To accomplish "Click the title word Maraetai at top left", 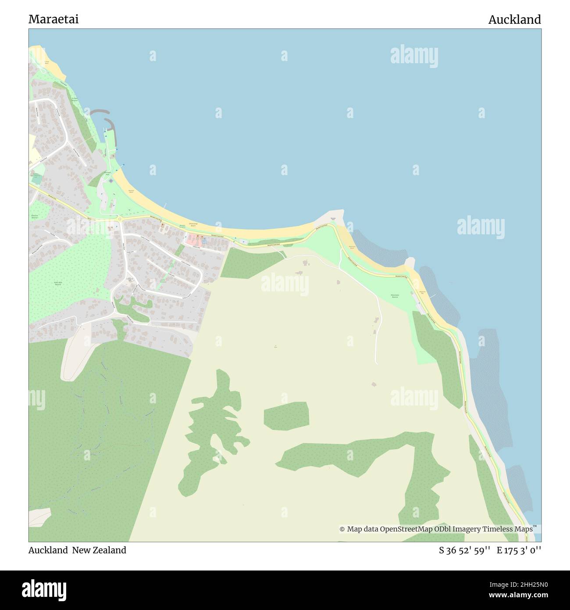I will [x=53, y=19].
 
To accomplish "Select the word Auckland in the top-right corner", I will [x=514, y=19].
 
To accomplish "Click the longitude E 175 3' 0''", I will [x=519, y=550].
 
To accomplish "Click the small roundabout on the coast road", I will [x=120, y=218].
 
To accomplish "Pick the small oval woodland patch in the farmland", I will [x=286, y=415].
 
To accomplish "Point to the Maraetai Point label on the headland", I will [x=333, y=219].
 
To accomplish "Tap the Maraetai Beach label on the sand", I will [x=131, y=191].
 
